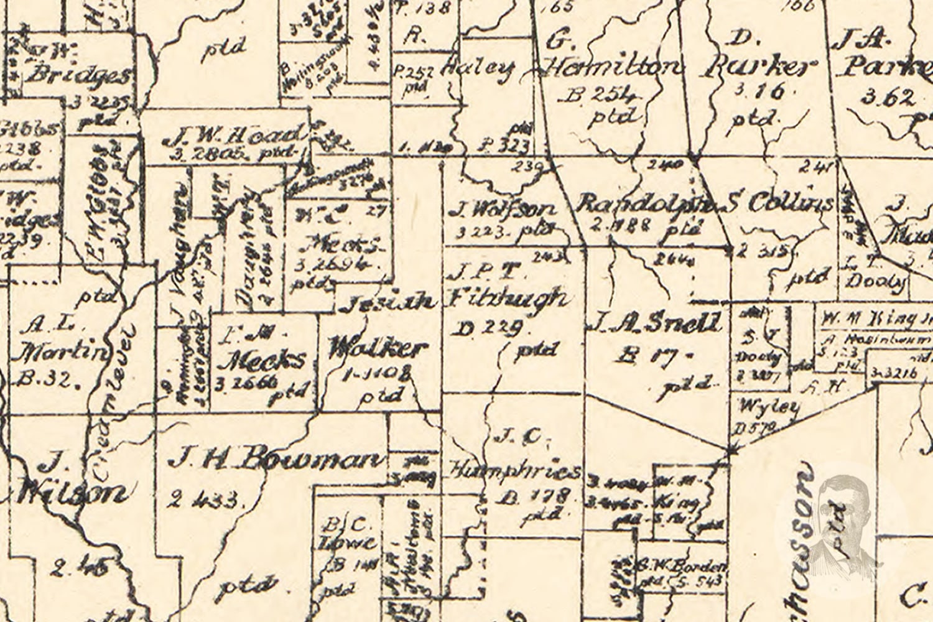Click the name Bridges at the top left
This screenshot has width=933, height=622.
click(80, 75)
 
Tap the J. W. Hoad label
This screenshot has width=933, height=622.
click(231, 136)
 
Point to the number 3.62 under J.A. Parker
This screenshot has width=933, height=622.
click(889, 98)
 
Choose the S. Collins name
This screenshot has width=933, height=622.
click(781, 203)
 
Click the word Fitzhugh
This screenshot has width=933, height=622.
click(507, 299)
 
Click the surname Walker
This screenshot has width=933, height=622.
click(378, 348)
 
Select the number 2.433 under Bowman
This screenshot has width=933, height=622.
click(202, 498)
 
